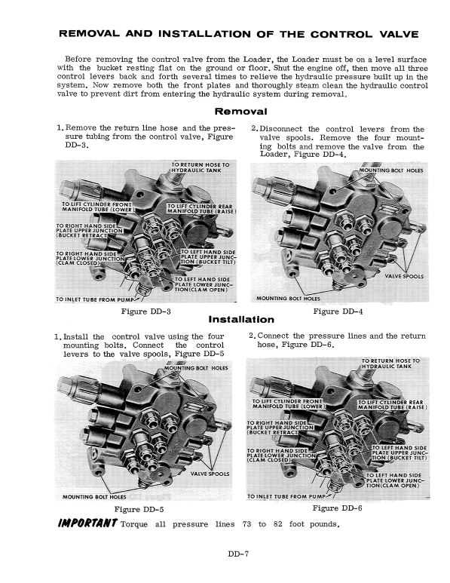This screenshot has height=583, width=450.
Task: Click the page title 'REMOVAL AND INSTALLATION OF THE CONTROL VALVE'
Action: pos(225,35)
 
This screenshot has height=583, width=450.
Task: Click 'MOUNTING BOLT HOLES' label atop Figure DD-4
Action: pos(391,170)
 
